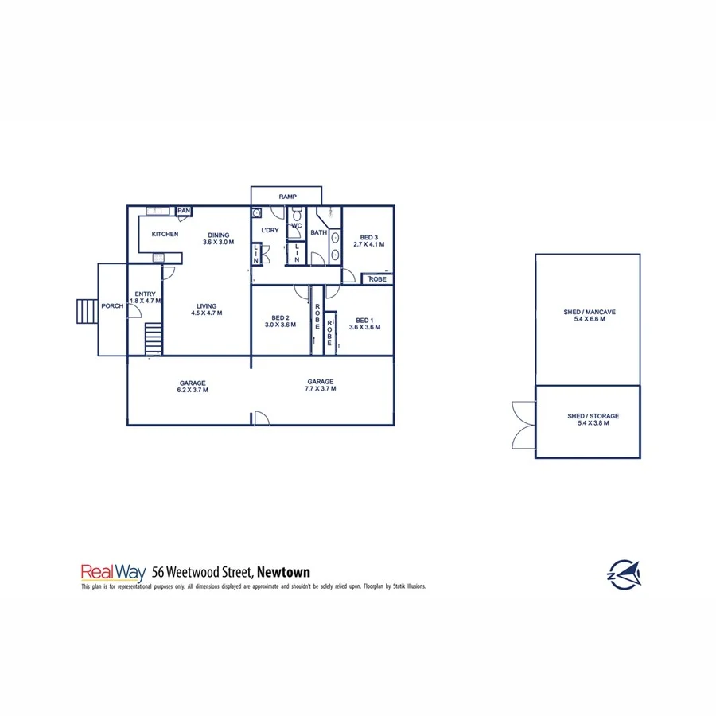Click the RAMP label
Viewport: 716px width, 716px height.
pos(286,197)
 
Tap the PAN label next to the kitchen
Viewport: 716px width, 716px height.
pos(184,211)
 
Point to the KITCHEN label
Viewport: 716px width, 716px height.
pos(165,234)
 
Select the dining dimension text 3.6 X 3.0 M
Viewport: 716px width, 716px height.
pos(219,242)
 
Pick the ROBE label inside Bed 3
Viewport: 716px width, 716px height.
pos(377,279)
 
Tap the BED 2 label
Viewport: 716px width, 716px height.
pos(279,318)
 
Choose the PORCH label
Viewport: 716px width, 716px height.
pos(111,306)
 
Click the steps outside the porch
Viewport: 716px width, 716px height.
pos(86,311)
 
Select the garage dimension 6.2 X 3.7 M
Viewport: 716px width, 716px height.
pos(192,390)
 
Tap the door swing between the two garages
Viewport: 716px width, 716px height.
pos(259,418)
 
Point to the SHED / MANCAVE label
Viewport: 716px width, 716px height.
pos(589,312)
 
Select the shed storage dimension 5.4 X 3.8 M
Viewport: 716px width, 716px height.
pos(589,423)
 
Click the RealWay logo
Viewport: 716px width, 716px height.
pos(107,571)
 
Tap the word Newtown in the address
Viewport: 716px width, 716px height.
pos(284,571)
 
